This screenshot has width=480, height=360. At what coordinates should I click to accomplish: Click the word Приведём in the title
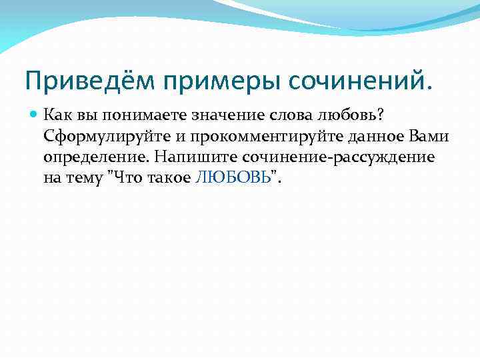[x=80, y=82]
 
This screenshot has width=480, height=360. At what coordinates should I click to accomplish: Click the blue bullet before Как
[x=34, y=115]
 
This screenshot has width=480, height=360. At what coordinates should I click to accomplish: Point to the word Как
[x=57, y=115]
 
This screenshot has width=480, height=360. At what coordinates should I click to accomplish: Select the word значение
[x=229, y=116]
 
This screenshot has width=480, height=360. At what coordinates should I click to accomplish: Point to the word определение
[x=93, y=157]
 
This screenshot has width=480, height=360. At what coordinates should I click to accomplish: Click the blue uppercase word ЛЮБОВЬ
[x=233, y=178]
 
